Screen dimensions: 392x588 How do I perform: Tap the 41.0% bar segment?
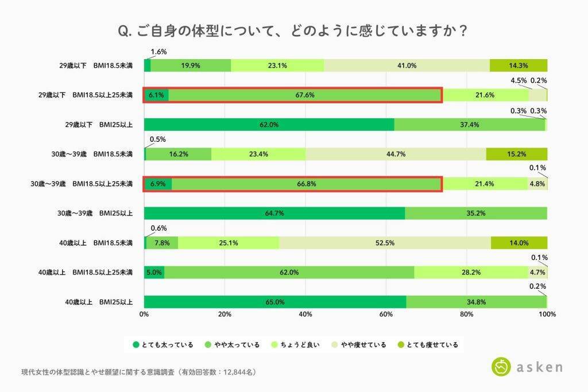click(407, 65)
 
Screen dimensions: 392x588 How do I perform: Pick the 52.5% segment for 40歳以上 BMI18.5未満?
click(385, 243)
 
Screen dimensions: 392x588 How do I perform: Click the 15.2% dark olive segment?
click(516, 154)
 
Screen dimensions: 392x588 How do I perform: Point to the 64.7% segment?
click(274, 213)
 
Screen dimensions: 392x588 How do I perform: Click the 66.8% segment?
click(306, 184)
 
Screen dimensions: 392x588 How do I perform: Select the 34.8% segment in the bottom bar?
click(476, 302)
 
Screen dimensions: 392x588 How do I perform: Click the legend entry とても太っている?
click(163, 345)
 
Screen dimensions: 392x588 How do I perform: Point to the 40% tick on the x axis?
click(305, 315)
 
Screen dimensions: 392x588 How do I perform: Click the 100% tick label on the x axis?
click(547, 315)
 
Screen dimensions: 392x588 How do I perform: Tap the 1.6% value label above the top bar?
click(158, 52)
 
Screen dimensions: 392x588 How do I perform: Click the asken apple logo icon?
click(501, 367)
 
